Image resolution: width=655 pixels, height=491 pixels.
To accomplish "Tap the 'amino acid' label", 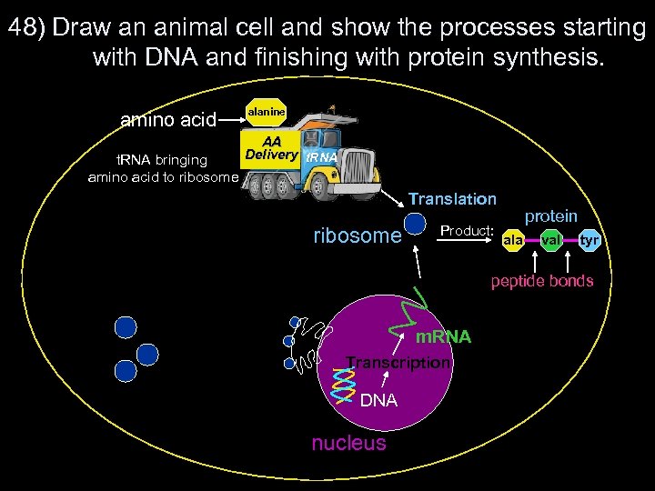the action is [169, 119].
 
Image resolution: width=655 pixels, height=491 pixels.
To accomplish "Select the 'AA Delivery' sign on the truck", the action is [269, 148].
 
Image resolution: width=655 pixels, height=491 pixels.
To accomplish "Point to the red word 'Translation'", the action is [452, 198].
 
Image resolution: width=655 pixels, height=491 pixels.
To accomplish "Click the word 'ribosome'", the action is [357, 236].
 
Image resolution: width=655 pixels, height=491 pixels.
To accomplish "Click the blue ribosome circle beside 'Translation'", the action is [416, 223].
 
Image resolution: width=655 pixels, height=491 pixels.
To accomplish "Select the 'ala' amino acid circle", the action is [512, 240].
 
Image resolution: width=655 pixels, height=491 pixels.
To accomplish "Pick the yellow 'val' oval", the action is [551, 240].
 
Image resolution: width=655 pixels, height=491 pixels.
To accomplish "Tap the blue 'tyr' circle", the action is [589, 240].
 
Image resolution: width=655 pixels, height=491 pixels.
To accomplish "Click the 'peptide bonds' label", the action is [542, 281].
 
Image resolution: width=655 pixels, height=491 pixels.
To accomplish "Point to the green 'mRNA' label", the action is [443, 337].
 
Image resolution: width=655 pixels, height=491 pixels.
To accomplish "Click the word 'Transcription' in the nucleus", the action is [398, 363].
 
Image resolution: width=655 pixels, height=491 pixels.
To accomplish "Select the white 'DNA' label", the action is [378, 400].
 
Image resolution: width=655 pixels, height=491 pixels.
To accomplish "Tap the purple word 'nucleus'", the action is [348, 443].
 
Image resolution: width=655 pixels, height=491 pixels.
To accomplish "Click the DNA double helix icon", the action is [342, 382].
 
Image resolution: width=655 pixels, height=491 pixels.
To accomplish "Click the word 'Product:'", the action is [467, 231].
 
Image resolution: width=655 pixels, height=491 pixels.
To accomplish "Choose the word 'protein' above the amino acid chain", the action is [550, 216].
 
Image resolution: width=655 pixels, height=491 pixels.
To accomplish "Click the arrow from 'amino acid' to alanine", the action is [232, 118].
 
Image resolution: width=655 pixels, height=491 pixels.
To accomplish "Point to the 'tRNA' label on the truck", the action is [320, 157].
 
